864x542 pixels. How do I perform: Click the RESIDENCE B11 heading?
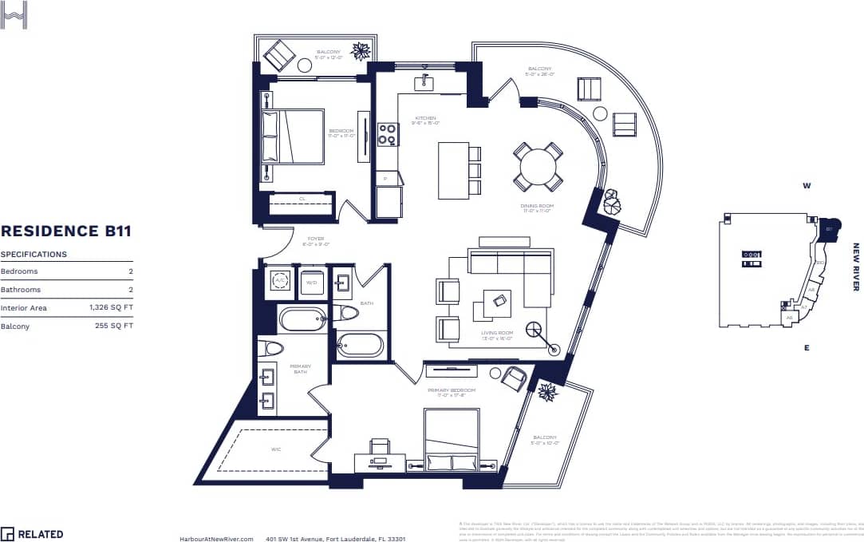coord(66,231)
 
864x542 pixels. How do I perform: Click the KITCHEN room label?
coord(425,119)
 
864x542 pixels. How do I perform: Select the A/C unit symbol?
coord(280,281)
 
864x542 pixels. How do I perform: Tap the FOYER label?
coord(315,239)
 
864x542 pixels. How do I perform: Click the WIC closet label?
coord(276,449)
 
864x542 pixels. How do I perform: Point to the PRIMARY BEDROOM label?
coord(451,391)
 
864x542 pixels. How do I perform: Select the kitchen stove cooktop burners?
coord(388,134)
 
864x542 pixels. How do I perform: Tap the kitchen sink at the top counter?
coord(422,83)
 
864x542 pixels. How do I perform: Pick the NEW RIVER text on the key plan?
coord(856,267)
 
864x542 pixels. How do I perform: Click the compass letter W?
coord(807,187)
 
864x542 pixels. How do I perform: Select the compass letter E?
coord(807,348)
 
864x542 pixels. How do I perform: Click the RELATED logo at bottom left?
coord(32,534)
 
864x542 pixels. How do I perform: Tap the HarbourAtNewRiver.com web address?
coord(216,539)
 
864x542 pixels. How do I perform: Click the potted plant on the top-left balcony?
coord(361,52)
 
